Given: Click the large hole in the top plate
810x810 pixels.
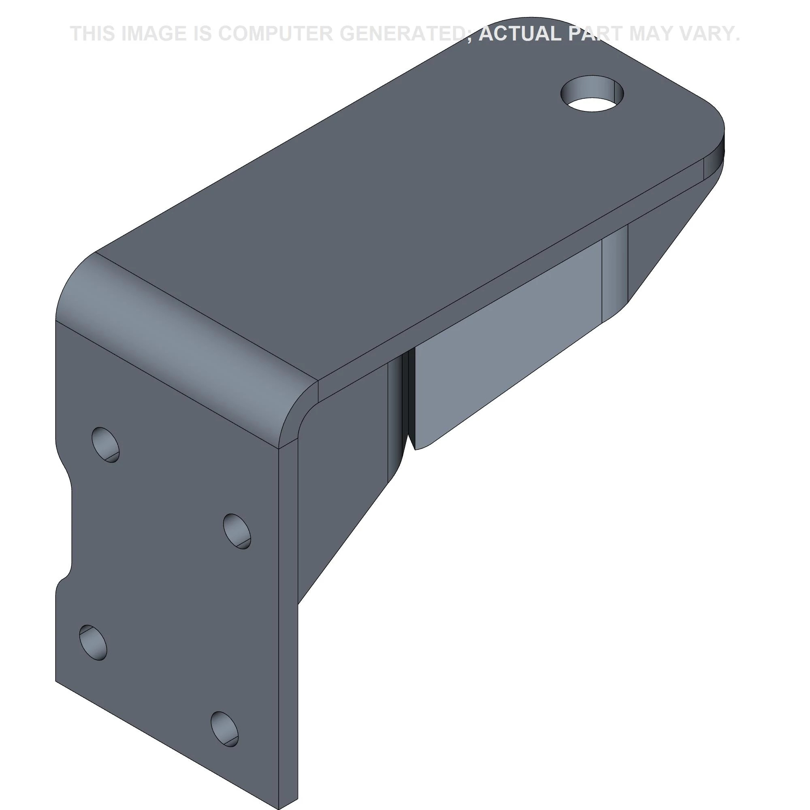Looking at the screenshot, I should coord(592,94).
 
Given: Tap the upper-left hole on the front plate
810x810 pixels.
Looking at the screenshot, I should coord(105,444).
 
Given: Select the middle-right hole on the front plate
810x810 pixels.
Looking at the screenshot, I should coord(237,531).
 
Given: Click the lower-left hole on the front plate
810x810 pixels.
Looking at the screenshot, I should coord(93,642).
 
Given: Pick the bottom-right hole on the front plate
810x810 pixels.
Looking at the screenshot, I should coord(224,729).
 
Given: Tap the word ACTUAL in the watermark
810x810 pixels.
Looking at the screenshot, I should coord(520,34).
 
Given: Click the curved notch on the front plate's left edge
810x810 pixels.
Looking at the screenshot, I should coord(67,528).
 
